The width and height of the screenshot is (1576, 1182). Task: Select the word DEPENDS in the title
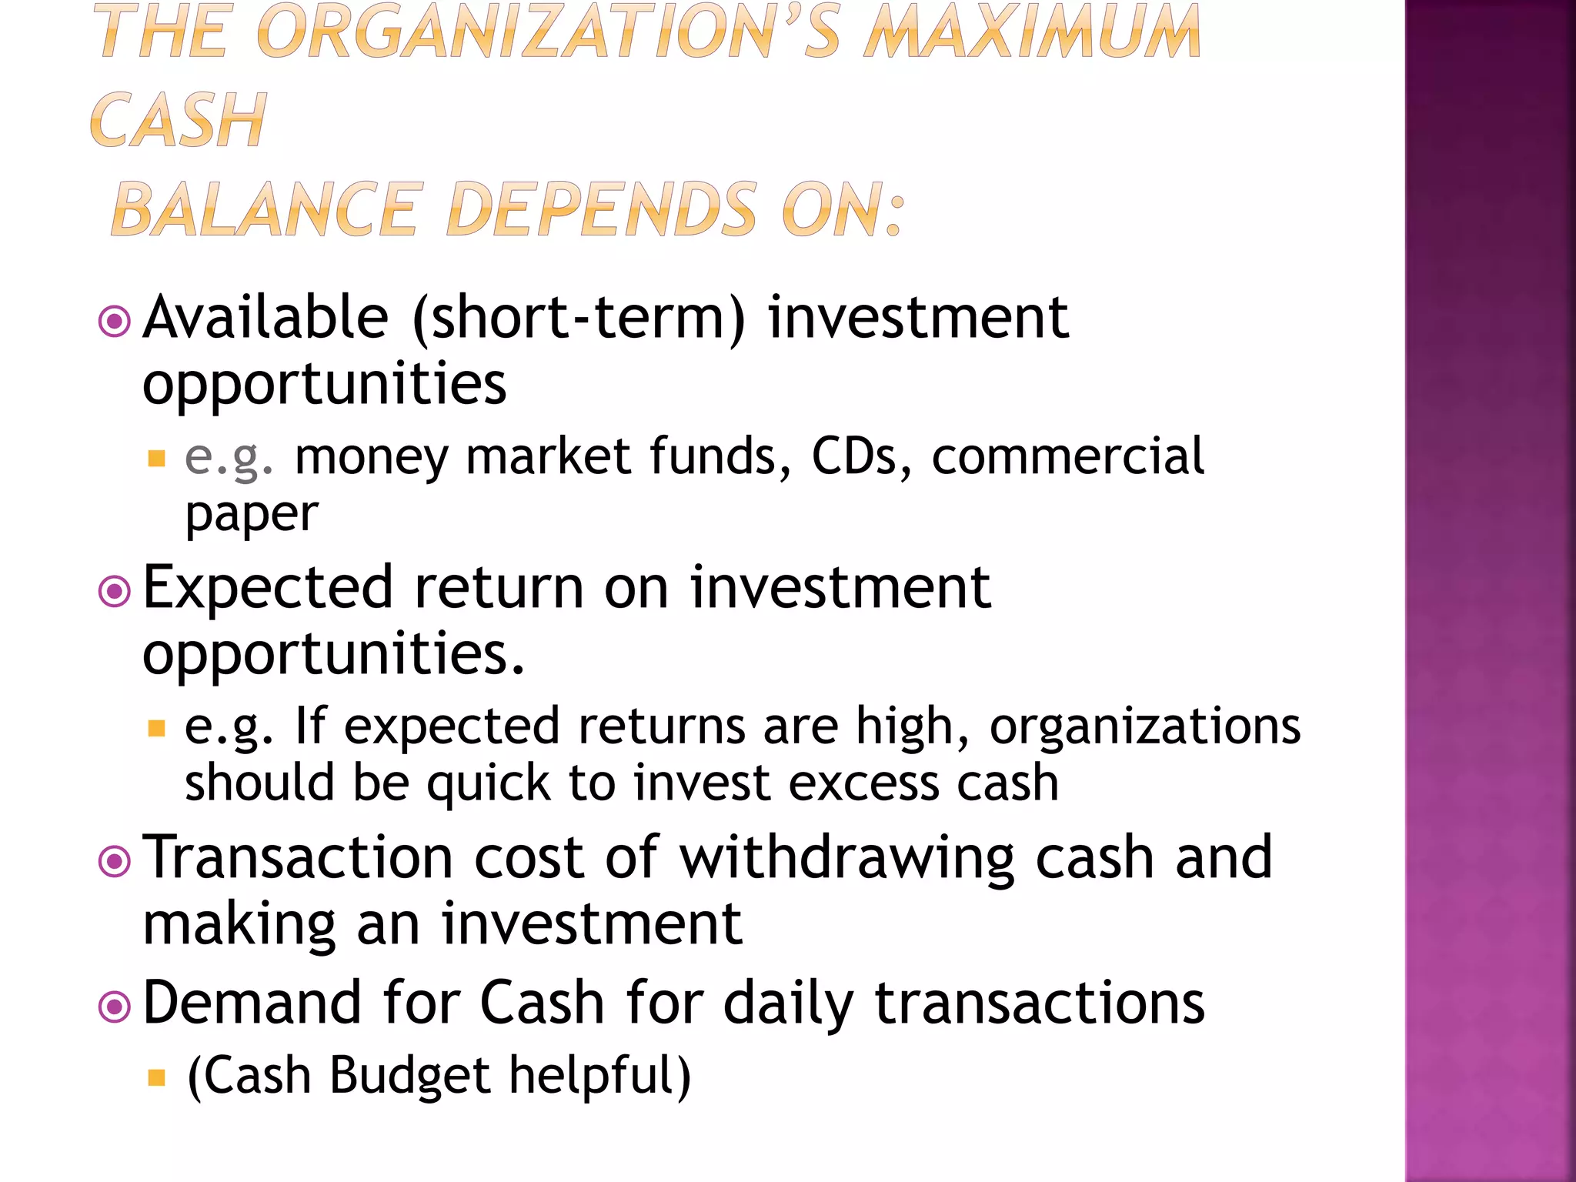[x=602, y=209]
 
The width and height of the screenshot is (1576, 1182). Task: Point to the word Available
[x=266, y=317]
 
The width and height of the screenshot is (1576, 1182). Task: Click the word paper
[x=252, y=514]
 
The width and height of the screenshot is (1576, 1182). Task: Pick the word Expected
[x=269, y=587]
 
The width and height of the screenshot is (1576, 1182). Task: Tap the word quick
[x=488, y=783]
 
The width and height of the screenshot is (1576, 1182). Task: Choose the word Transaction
[x=299, y=857]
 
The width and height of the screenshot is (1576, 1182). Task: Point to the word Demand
[x=252, y=1003]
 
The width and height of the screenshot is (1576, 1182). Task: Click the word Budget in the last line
[x=409, y=1075]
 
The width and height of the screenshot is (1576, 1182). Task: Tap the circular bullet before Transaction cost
[x=115, y=861]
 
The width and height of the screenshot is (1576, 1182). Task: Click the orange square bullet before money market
[x=157, y=459]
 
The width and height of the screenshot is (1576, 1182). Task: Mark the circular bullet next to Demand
[x=115, y=1007]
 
